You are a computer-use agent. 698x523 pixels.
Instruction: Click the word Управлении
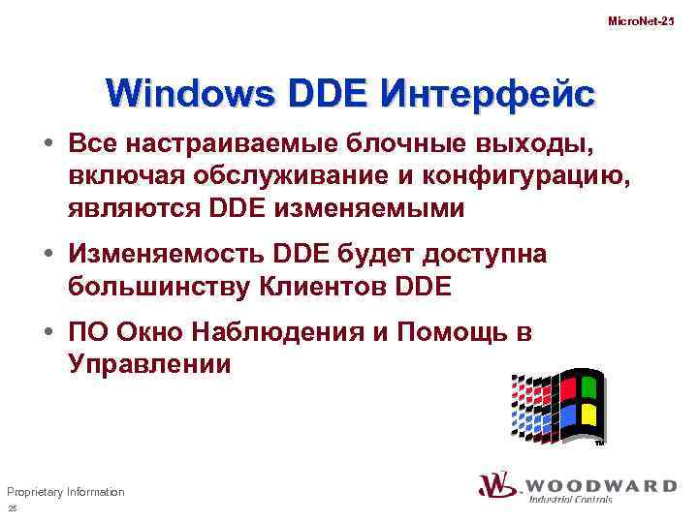[x=150, y=365]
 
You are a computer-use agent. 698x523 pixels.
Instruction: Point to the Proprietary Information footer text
[x=65, y=492]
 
